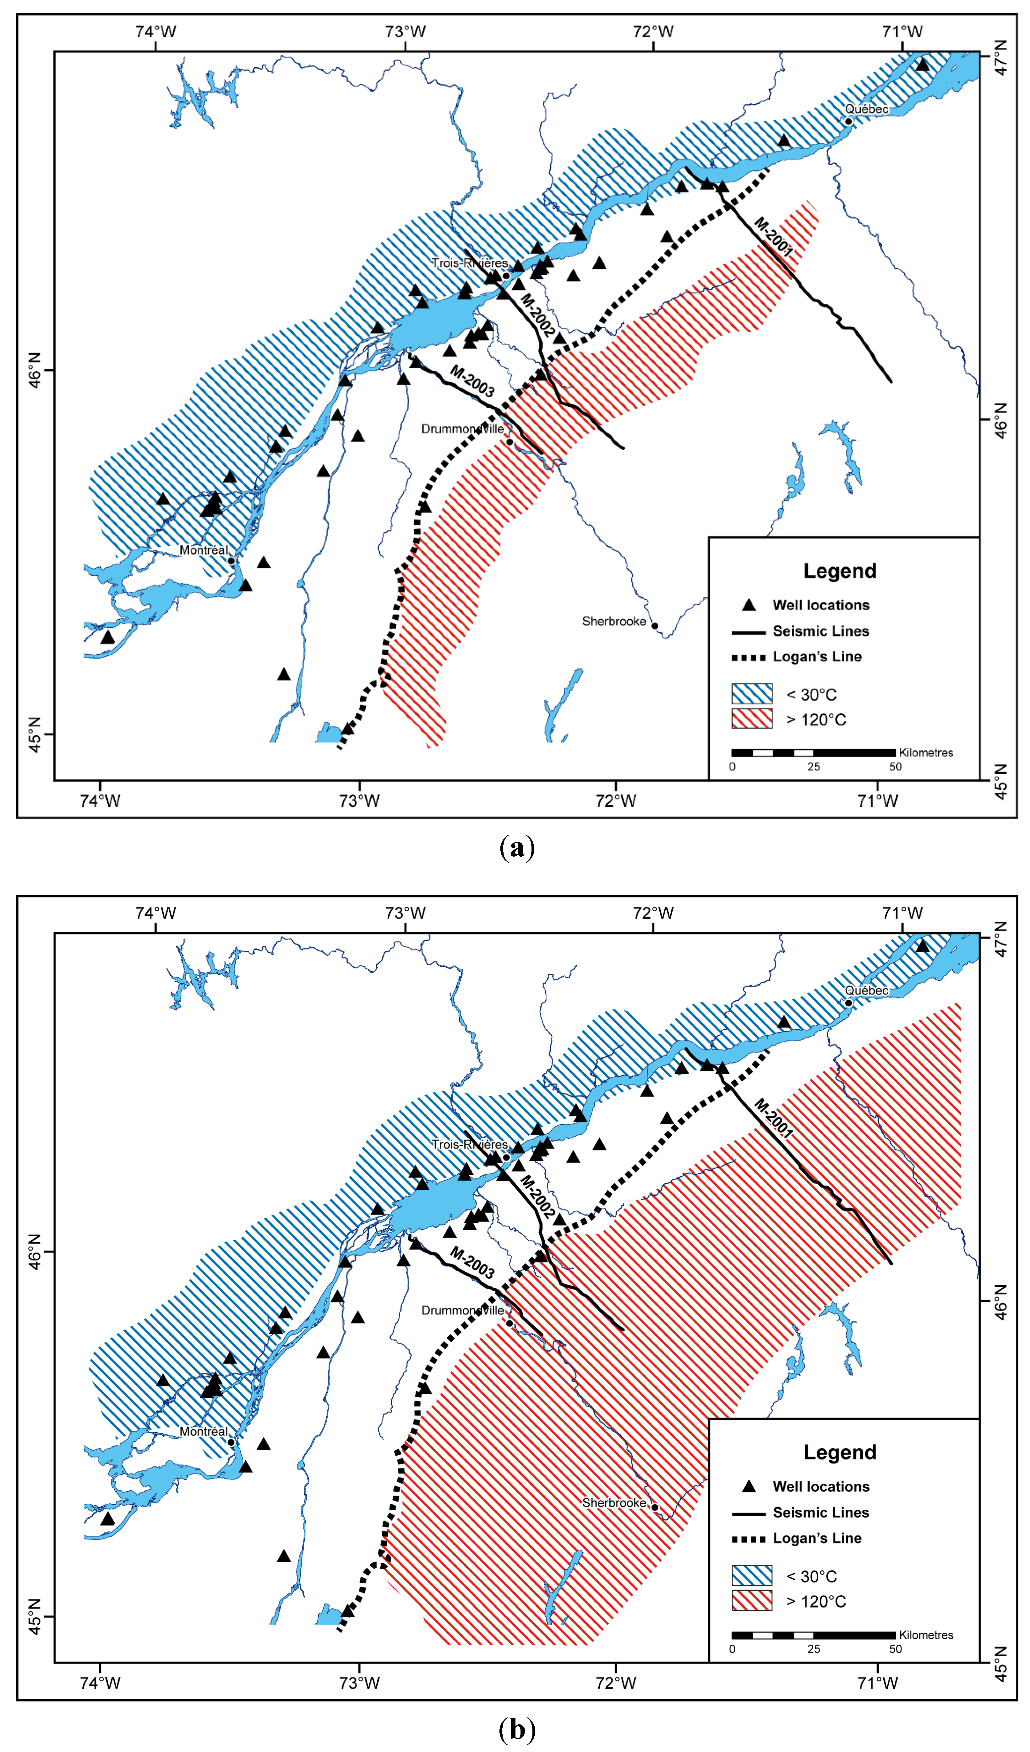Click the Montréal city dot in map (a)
pyautogui.click(x=231, y=560)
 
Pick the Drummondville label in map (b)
pyautogui.click(x=462, y=1310)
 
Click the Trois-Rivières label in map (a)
pyautogui.click(x=469, y=263)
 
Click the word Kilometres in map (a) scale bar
pyautogui.click(x=926, y=752)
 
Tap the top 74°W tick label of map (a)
pyautogui.click(x=156, y=31)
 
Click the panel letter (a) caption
pyautogui.click(x=517, y=848)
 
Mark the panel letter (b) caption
pyautogui.click(x=517, y=1729)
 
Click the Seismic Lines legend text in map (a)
pyautogui.click(x=821, y=631)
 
